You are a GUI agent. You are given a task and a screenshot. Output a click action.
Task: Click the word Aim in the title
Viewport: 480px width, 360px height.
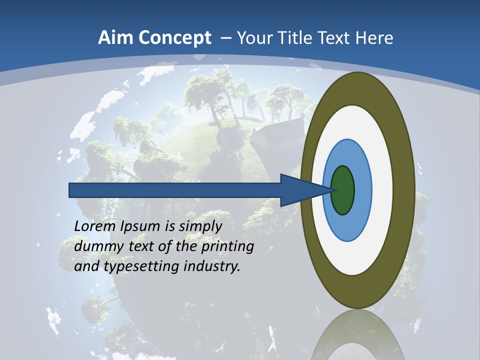[x=116, y=38]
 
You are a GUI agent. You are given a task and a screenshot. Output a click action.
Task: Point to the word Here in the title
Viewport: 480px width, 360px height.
[x=374, y=38]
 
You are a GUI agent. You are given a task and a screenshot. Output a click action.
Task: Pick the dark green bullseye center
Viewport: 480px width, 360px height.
[x=342, y=190]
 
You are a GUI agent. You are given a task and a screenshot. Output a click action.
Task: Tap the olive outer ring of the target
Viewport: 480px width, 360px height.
[x=405, y=190]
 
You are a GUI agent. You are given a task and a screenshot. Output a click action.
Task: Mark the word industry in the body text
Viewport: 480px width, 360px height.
[x=212, y=266]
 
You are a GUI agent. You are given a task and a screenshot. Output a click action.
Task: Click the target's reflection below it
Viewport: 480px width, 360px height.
[x=357, y=337]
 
